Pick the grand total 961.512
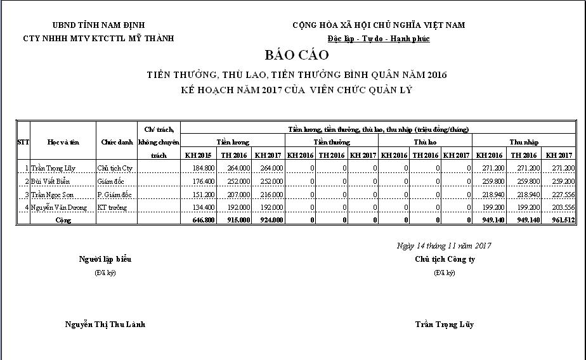coord(561,220)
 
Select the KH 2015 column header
coord(199,155)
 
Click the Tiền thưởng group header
coord(331,142)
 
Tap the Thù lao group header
coord(425,142)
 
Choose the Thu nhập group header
coord(524,142)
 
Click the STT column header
coord(23,142)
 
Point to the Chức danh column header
coord(116,142)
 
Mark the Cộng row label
coord(63,220)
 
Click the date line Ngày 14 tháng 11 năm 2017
coord(444,246)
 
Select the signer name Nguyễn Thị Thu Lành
coord(105,324)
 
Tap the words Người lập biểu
coord(105,259)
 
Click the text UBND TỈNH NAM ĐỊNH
coord(98,25)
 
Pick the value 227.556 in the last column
coord(561,194)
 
